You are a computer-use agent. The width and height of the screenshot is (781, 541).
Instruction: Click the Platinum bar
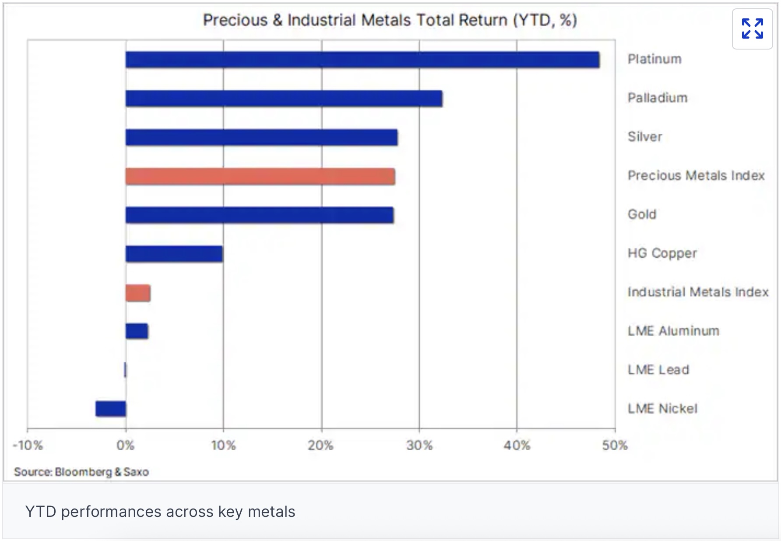pyautogui.click(x=362, y=60)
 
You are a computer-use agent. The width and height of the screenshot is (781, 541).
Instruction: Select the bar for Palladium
pyautogui.click(x=284, y=99)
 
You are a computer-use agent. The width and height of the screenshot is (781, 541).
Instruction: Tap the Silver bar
pyautogui.click(x=261, y=137)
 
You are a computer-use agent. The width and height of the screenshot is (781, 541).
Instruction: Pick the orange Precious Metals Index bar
pyautogui.click(x=260, y=176)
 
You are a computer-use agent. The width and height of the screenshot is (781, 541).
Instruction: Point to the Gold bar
pyautogui.click(x=260, y=215)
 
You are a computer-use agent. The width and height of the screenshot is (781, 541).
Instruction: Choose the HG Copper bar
pyautogui.click(x=174, y=254)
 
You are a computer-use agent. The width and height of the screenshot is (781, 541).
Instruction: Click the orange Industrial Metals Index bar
pyautogui.click(x=138, y=293)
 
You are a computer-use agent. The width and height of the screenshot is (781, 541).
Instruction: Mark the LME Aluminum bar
pyautogui.click(x=137, y=331)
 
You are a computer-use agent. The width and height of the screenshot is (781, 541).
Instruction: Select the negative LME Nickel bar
pyautogui.click(x=111, y=409)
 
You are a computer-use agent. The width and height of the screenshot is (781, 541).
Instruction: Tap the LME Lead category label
pyautogui.click(x=658, y=370)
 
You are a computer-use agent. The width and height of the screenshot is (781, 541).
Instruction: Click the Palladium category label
pyautogui.click(x=657, y=98)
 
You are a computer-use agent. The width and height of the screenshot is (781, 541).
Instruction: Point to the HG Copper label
pyautogui.click(x=662, y=253)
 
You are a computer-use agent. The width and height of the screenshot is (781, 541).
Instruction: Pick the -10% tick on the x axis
pyautogui.click(x=28, y=445)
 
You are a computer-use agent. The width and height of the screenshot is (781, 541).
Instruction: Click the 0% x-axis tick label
pyautogui.click(x=126, y=445)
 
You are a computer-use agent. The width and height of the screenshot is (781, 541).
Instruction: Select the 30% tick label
pyautogui.click(x=419, y=445)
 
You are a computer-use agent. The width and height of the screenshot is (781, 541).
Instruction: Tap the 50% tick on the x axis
pyautogui.click(x=615, y=445)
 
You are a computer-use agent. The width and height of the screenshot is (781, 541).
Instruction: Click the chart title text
pyautogui.click(x=390, y=20)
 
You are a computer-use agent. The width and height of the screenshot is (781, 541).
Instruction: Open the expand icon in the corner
pyautogui.click(x=752, y=29)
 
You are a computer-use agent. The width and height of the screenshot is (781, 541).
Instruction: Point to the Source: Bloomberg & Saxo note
pyautogui.click(x=81, y=472)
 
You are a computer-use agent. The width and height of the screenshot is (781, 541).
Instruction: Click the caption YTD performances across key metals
pyautogui.click(x=160, y=512)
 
